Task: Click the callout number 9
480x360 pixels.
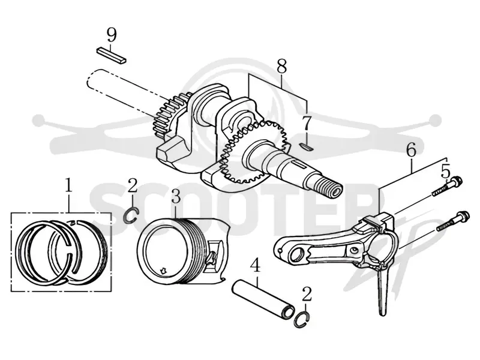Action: click(112, 35)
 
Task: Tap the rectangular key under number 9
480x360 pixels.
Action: click(112, 55)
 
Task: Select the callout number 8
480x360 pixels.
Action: click(281, 67)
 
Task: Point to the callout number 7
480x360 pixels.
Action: click(306, 124)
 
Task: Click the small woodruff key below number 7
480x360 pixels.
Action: click(306, 147)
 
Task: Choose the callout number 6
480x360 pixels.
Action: click(411, 151)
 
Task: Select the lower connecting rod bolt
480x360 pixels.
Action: click(452, 221)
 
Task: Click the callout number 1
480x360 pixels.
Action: click(68, 185)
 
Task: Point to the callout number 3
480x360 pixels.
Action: click(176, 197)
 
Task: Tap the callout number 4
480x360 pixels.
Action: click(256, 265)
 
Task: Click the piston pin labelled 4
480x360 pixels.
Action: click(263, 297)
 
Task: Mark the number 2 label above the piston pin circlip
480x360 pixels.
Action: click(307, 294)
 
